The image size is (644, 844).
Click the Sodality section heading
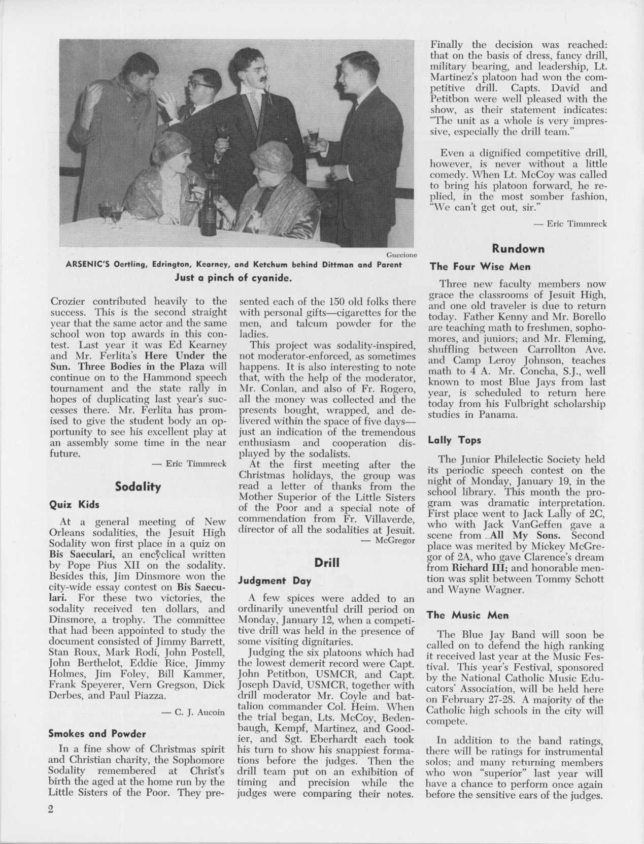(138, 486)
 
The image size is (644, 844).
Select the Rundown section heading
(518, 249)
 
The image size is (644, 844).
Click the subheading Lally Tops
(455, 440)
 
